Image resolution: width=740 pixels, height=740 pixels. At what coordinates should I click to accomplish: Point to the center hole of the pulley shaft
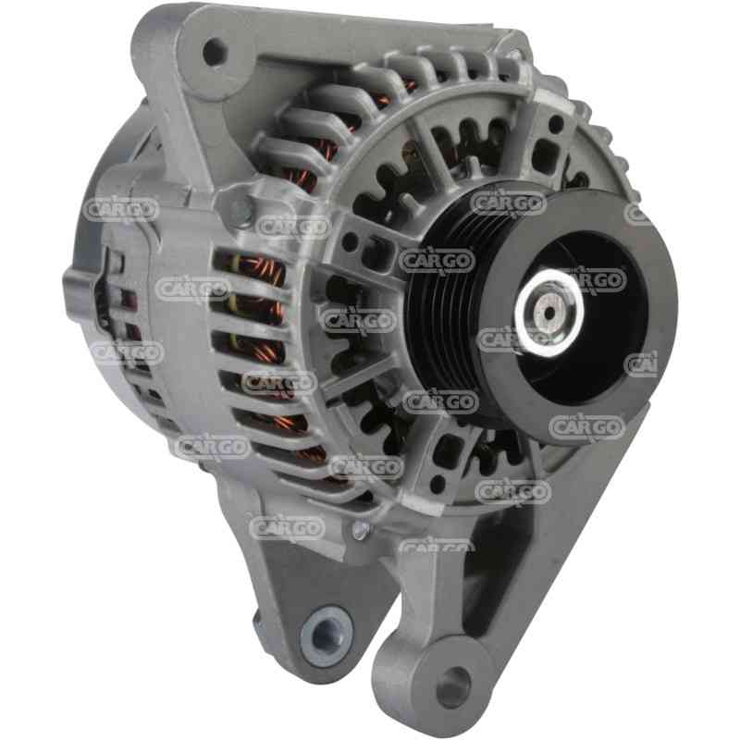tap(550, 313)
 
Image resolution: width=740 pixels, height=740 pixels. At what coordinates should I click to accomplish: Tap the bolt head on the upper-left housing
tap(240, 210)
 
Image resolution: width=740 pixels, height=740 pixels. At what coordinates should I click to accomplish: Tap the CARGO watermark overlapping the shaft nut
tap(592, 278)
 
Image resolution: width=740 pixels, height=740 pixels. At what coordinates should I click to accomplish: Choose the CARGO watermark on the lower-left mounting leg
tap(288, 526)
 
